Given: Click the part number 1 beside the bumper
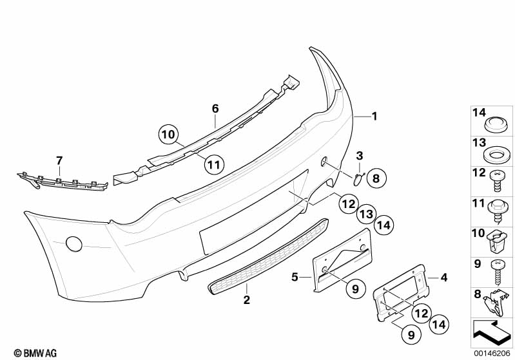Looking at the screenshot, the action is (374, 116).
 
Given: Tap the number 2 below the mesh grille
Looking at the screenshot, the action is (247, 299).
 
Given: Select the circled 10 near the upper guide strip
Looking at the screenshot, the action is (168, 135).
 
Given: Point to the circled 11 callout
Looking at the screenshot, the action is (214, 164).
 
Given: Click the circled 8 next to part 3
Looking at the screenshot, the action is (376, 178).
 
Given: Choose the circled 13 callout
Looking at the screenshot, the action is (366, 214).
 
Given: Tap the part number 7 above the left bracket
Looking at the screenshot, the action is (59, 161).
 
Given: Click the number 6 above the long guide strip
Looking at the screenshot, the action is (215, 108).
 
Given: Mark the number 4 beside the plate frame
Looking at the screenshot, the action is (443, 278).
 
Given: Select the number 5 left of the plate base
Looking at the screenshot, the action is (295, 278).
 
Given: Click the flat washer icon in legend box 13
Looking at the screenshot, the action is (496, 156).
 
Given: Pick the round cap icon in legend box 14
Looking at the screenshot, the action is (496, 125).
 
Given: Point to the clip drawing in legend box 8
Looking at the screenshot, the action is (496, 303).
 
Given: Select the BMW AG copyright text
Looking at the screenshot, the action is (35, 353).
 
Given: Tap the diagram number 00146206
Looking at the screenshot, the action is (492, 354).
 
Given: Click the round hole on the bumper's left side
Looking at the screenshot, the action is (74, 244).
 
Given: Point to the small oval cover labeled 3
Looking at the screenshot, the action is (357, 180).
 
